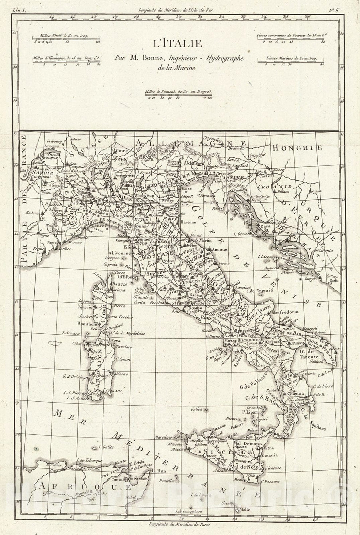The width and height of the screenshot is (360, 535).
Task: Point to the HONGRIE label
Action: pyautogui.click(x=297, y=148)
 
